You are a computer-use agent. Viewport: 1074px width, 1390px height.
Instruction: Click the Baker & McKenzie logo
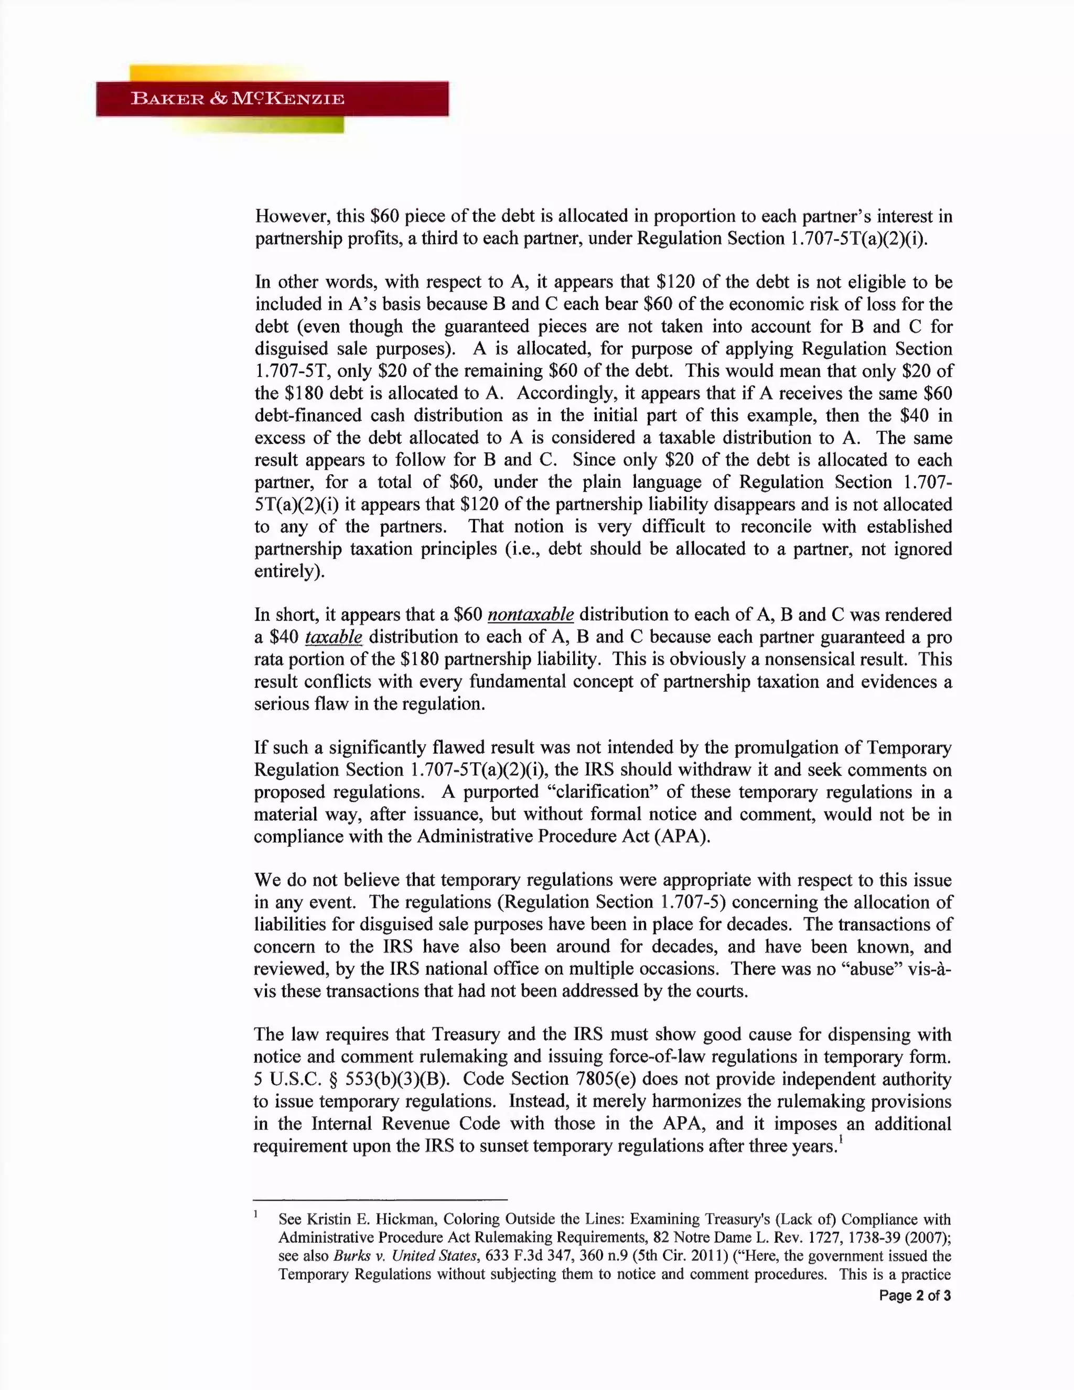pyautogui.click(x=272, y=99)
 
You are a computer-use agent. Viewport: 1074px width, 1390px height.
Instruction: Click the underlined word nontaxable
pyautogui.click(x=531, y=615)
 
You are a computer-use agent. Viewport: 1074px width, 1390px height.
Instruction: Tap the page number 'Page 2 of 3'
pyautogui.click(x=914, y=1296)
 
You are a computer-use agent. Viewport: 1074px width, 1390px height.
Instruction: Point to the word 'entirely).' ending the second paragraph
pyautogui.click(x=289, y=571)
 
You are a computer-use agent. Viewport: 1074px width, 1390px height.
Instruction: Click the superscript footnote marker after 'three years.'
pyautogui.click(x=841, y=1139)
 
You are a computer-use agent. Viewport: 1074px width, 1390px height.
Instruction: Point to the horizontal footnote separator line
pyautogui.click(x=381, y=1200)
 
